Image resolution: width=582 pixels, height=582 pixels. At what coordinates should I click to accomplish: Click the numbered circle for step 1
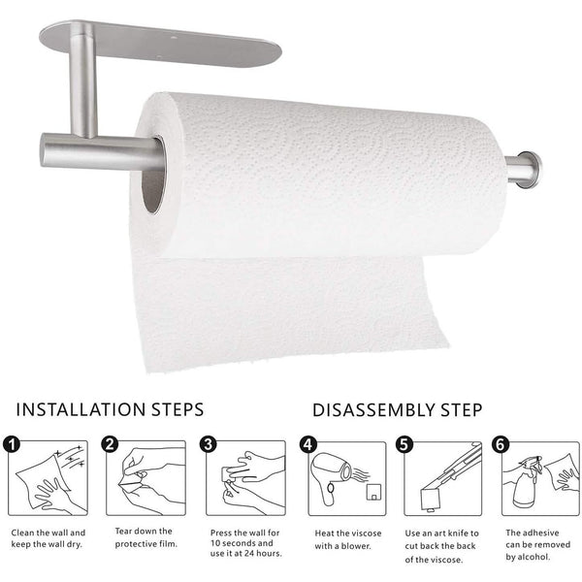(12, 444)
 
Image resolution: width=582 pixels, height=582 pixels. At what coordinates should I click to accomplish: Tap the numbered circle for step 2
(110, 444)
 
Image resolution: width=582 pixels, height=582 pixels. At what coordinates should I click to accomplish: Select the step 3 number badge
(208, 444)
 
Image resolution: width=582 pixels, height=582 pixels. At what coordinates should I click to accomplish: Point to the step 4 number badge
(308, 444)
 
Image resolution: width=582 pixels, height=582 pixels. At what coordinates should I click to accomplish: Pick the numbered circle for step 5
(404, 444)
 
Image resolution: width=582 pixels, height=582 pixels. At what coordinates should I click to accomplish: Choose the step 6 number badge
(501, 444)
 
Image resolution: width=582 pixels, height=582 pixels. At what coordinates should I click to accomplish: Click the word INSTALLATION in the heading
(81, 409)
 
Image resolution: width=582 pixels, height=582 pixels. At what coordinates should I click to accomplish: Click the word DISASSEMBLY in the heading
(373, 410)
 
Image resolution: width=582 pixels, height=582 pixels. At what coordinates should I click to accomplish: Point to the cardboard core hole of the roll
(152, 175)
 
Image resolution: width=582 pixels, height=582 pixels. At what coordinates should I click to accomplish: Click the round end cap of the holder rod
(530, 170)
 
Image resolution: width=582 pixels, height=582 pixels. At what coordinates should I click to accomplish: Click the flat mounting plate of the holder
(160, 44)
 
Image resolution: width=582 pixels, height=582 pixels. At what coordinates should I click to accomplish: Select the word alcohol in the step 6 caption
(533, 557)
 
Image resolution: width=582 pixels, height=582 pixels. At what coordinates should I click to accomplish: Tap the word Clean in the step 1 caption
(22, 533)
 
